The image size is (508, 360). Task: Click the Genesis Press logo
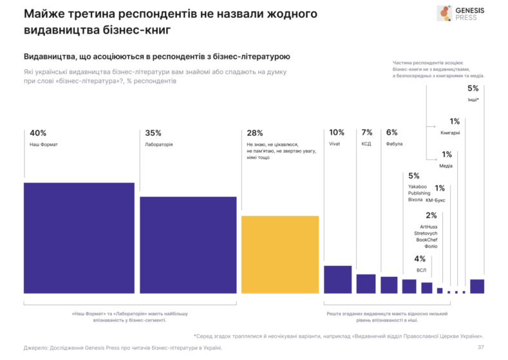pos(462,14)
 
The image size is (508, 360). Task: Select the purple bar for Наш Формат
pos(79,238)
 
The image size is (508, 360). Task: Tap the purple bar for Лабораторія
pos(188,245)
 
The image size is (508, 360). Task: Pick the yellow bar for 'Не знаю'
pos(280,254)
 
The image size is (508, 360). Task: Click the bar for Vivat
pos(337,279)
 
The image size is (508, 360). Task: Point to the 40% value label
pos(39,133)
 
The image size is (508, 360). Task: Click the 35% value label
pos(153,133)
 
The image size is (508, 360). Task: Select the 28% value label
pos(254,133)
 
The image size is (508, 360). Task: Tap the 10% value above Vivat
pos(336,133)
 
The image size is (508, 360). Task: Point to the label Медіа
pos(446,166)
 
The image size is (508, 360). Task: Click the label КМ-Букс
pos(435,200)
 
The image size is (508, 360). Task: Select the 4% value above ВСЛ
pos(420,259)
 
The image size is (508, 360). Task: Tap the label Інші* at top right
pos(473,100)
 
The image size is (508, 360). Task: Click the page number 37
pos(480,348)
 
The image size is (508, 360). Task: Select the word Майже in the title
pos(44,14)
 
